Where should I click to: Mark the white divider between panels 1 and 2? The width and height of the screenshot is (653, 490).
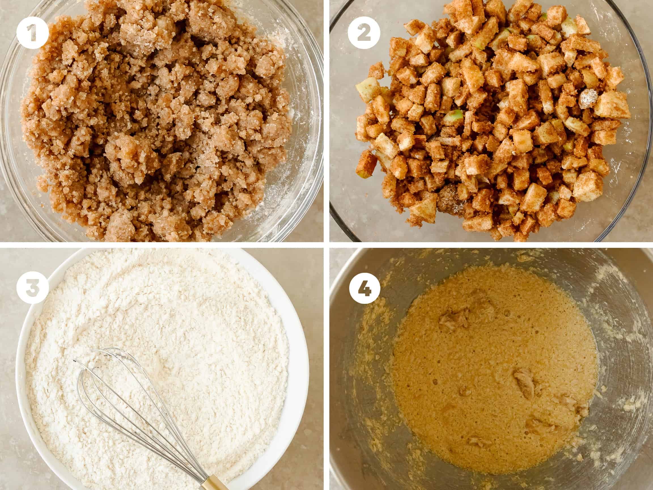[326, 121]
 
